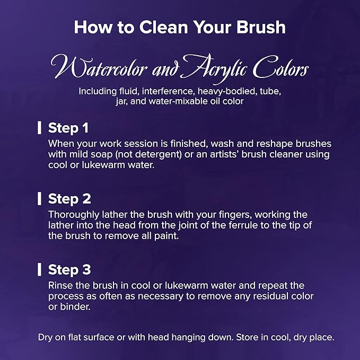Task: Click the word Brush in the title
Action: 261,27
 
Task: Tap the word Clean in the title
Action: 164,27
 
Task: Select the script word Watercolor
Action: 99,67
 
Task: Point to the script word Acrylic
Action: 215,68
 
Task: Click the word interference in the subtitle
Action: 168,91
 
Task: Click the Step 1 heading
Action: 68,128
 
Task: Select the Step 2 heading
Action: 69,199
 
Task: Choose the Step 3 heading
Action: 69,269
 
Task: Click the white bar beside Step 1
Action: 39,128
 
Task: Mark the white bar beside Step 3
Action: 39,269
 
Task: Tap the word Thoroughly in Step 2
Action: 74,215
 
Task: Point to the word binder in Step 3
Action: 75,307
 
